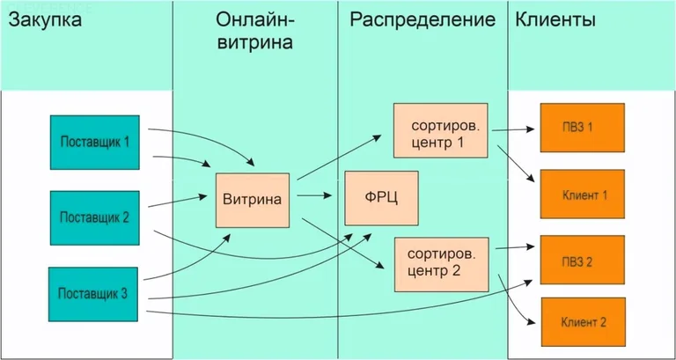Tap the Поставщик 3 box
pos(92,293)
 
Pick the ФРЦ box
pos(380,197)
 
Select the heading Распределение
pos(422,19)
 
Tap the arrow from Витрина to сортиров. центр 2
pos(343,238)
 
